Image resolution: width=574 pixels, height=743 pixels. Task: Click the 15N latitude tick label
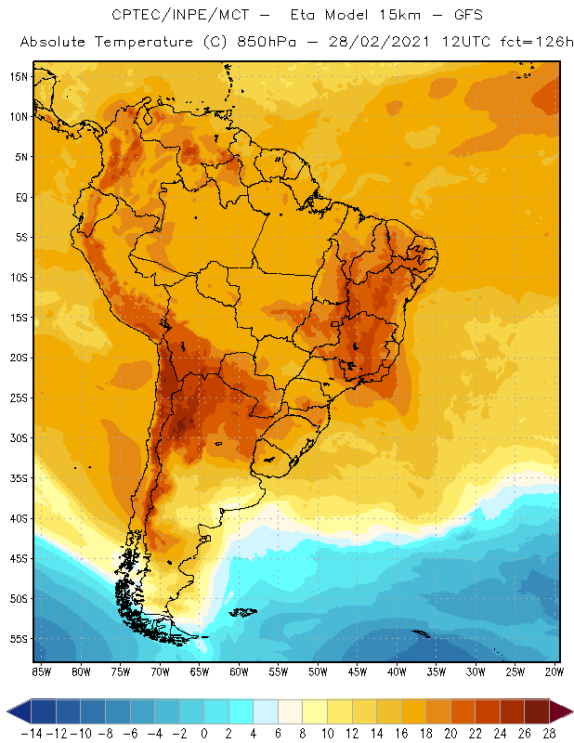pyautogui.click(x=18, y=76)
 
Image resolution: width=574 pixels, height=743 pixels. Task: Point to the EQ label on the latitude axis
pyautogui.click(x=20, y=197)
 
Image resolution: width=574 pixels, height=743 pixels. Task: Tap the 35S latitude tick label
pyautogui.click(x=18, y=477)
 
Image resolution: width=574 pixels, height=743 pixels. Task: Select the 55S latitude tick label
pyautogui.click(x=18, y=639)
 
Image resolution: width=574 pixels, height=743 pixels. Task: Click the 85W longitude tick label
pyautogui.click(x=41, y=671)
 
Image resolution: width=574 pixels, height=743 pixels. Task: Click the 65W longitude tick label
pyautogui.click(x=199, y=671)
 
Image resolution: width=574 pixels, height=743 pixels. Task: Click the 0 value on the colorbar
pyautogui.click(x=204, y=734)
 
